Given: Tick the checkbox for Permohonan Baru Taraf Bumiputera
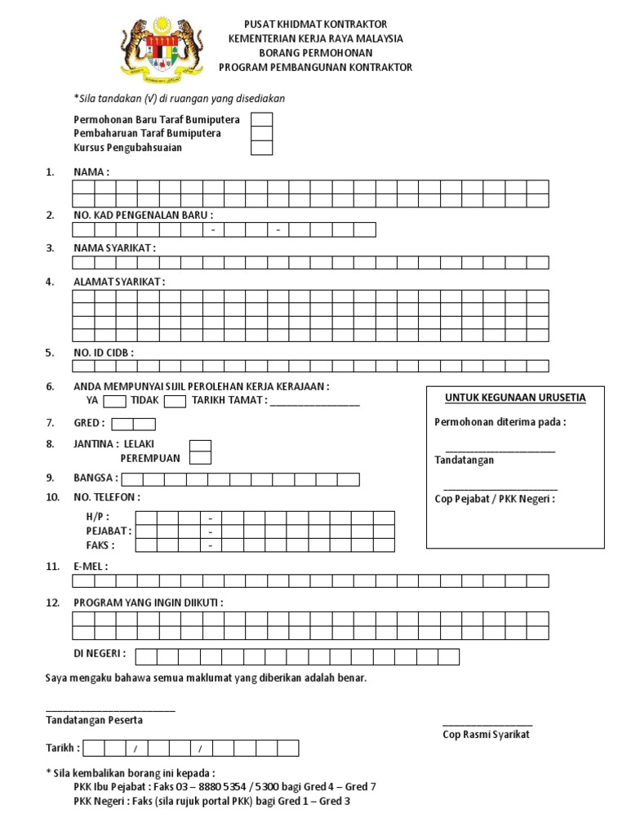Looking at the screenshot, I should [261, 119].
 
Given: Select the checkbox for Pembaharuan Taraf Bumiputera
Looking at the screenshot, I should [261, 133].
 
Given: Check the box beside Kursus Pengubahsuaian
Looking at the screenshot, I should [261, 148].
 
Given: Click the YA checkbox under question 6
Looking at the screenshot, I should [115, 401].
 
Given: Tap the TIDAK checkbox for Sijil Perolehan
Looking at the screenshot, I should [175, 401].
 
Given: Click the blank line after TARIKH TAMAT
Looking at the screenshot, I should [314, 402].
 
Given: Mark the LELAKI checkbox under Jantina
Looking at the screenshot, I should [200, 446].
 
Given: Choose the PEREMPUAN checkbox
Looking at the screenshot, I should [200, 459].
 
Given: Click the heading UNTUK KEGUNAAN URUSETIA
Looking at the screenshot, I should [515, 398].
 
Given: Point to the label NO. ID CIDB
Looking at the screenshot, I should [104, 353].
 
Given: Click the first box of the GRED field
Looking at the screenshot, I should [122, 424].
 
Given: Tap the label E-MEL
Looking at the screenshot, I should [91, 566].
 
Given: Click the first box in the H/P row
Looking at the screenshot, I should [146, 518].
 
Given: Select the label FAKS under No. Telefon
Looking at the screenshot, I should [100, 545].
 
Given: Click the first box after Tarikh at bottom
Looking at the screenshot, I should [93, 748].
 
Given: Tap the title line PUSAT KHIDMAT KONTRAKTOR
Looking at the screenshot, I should [316, 24].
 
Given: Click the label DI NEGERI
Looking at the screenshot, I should [99, 654].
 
